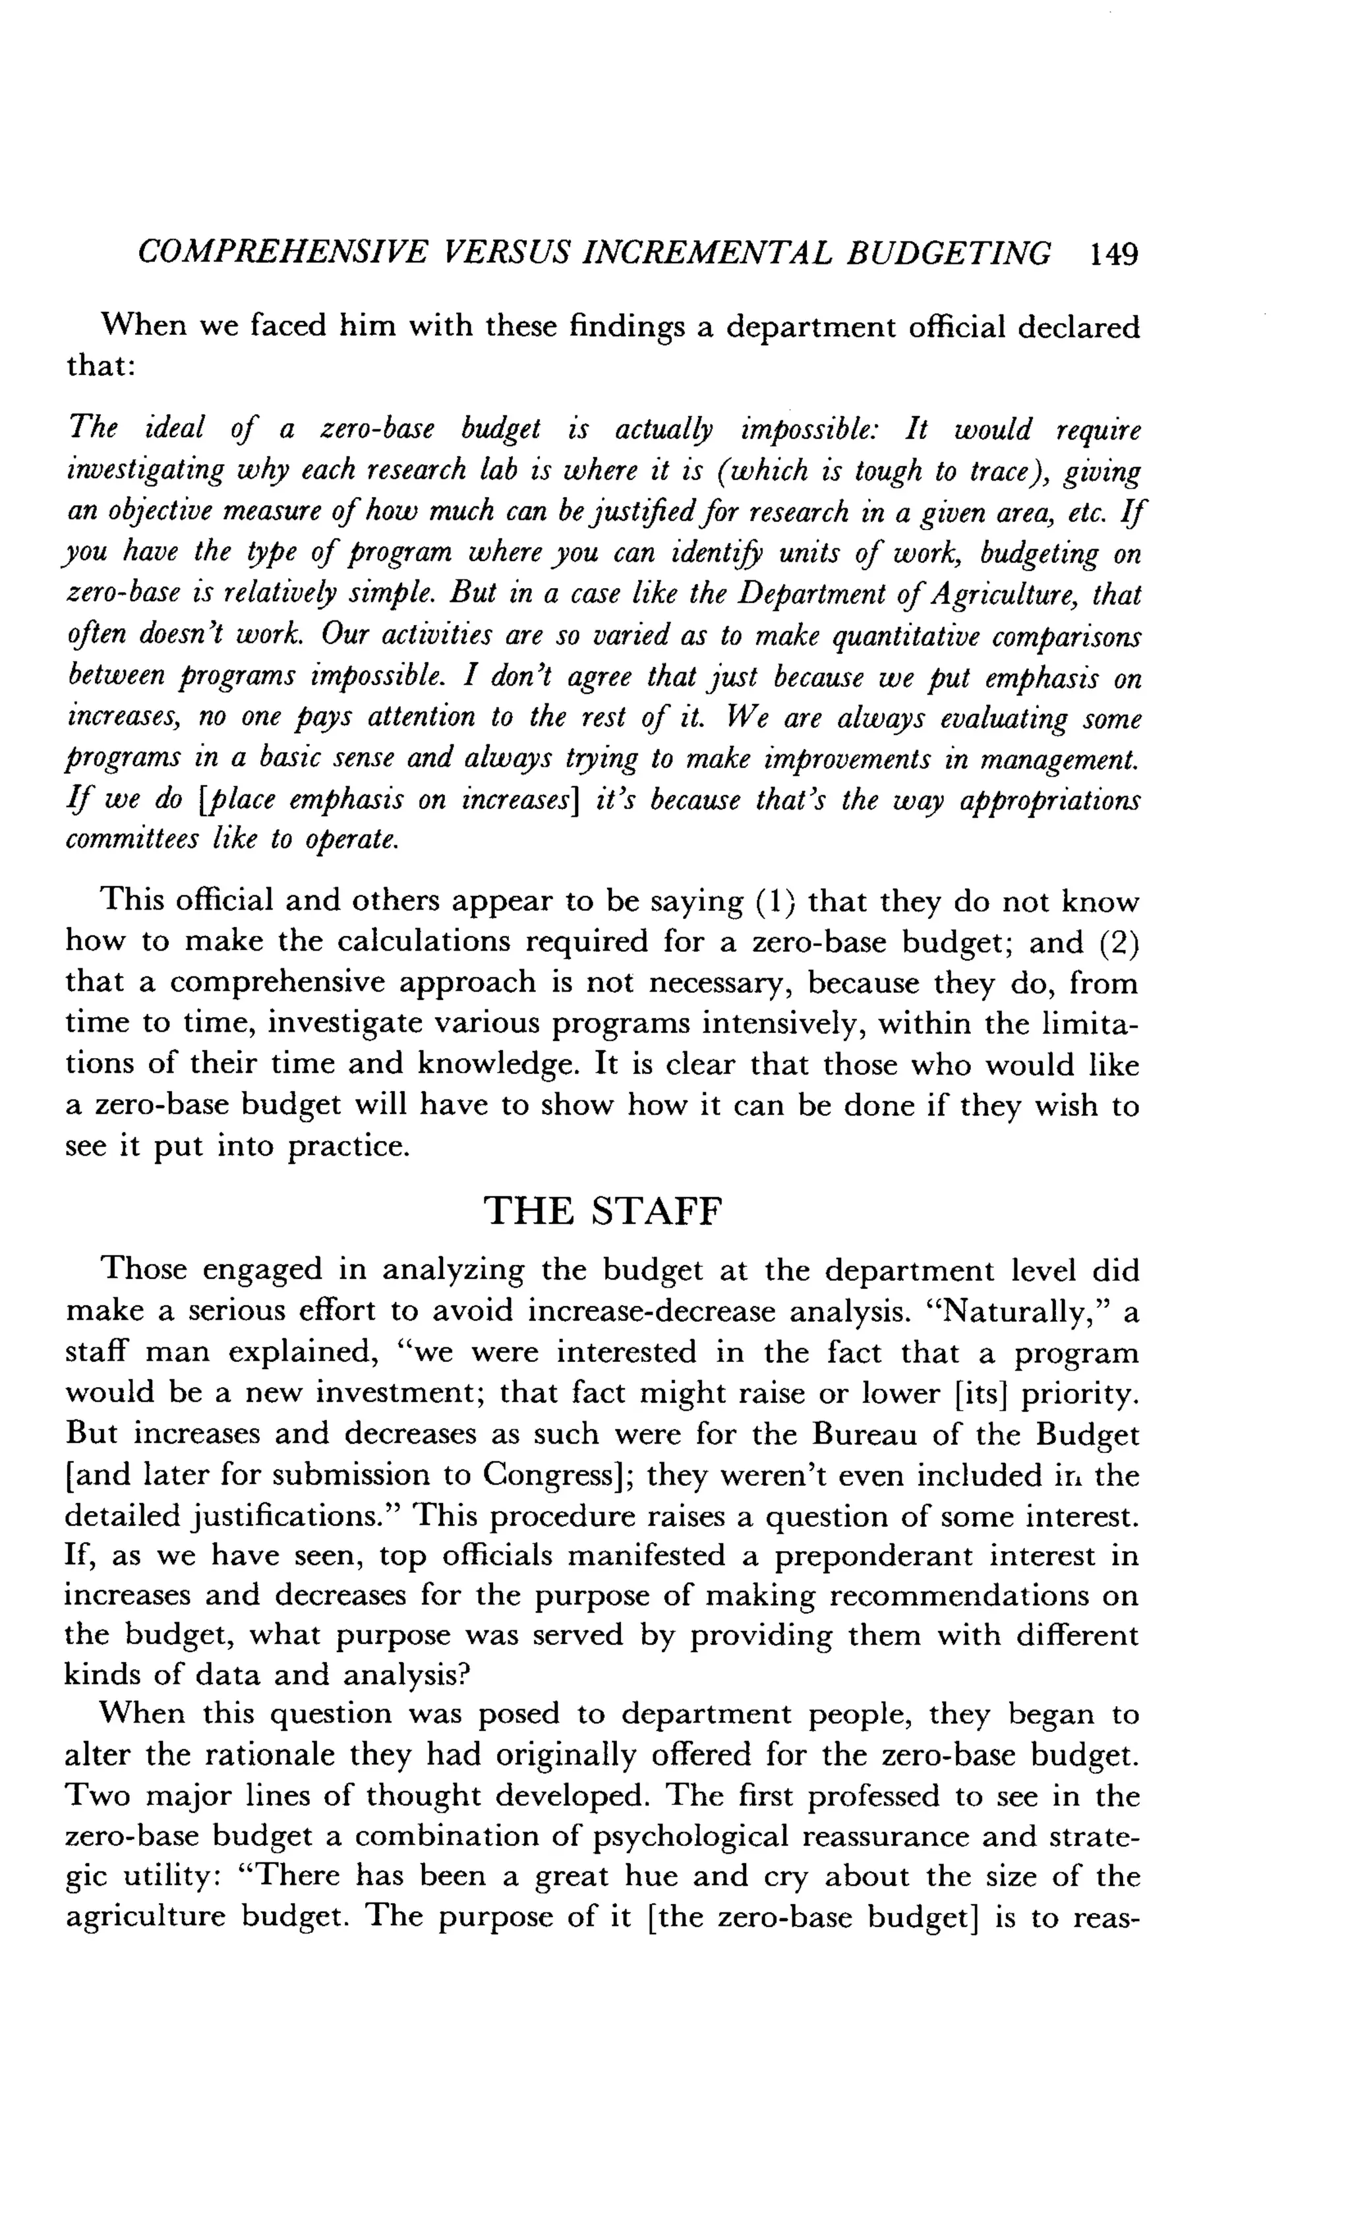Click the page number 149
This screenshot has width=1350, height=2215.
tap(1113, 254)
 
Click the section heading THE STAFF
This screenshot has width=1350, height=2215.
tap(602, 1211)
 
